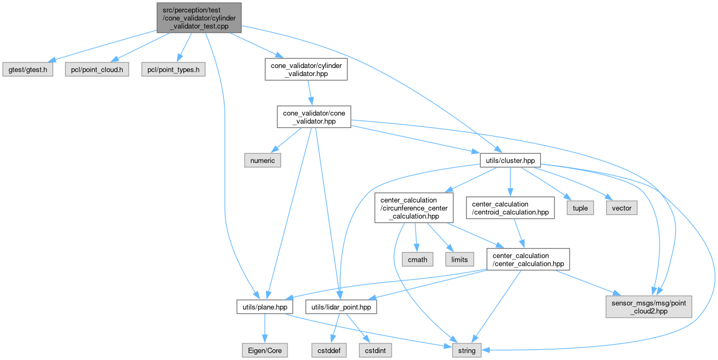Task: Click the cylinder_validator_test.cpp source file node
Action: pos(199,17)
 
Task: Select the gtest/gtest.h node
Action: pos(27,70)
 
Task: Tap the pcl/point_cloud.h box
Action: pos(97,70)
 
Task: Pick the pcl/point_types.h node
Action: pos(173,70)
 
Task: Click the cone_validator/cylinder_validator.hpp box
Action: pos(306,70)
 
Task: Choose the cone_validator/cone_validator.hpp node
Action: pos(314,116)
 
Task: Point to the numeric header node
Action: pos(262,160)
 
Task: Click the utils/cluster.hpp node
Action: pos(510,160)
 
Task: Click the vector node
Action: pos(622,208)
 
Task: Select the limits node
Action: pos(459,259)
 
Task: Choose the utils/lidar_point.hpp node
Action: pos(341,306)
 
